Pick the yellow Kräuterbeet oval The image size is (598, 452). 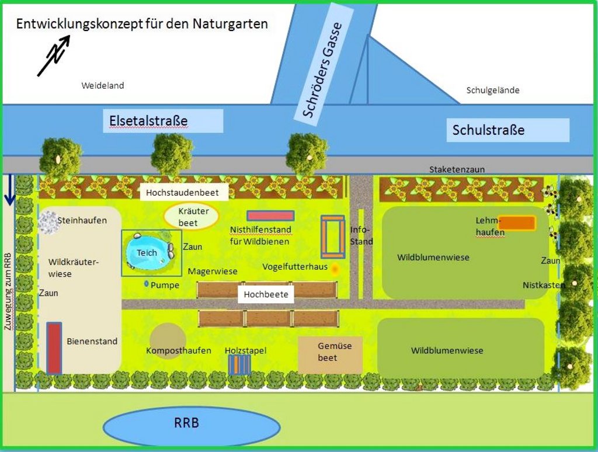pyautogui.click(x=190, y=216)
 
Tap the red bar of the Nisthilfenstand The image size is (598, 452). pyautogui.click(x=270, y=215)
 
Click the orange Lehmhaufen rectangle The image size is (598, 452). pyautogui.click(x=517, y=222)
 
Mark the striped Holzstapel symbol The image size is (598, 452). pyautogui.click(x=239, y=364)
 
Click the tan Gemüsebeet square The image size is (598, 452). pyautogui.click(x=329, y=354)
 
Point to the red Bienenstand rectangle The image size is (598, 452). pyautogui.click(x=54, y=348)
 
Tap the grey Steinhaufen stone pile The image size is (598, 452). pyautogui.click(x=48, y=221)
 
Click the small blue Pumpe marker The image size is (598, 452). pyautogui.click(x=145, y=284)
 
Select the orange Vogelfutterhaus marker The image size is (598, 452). pyautogui.click(x=335, y=269)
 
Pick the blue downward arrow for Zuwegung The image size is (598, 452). pyautogui.click(x=9, y=192)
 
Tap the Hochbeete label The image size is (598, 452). pyautogui.click(x=266, y=295)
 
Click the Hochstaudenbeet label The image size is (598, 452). pyautogui.click(x=183, y=192)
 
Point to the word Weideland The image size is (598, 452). pyautogui.click(x=102, y=86)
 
